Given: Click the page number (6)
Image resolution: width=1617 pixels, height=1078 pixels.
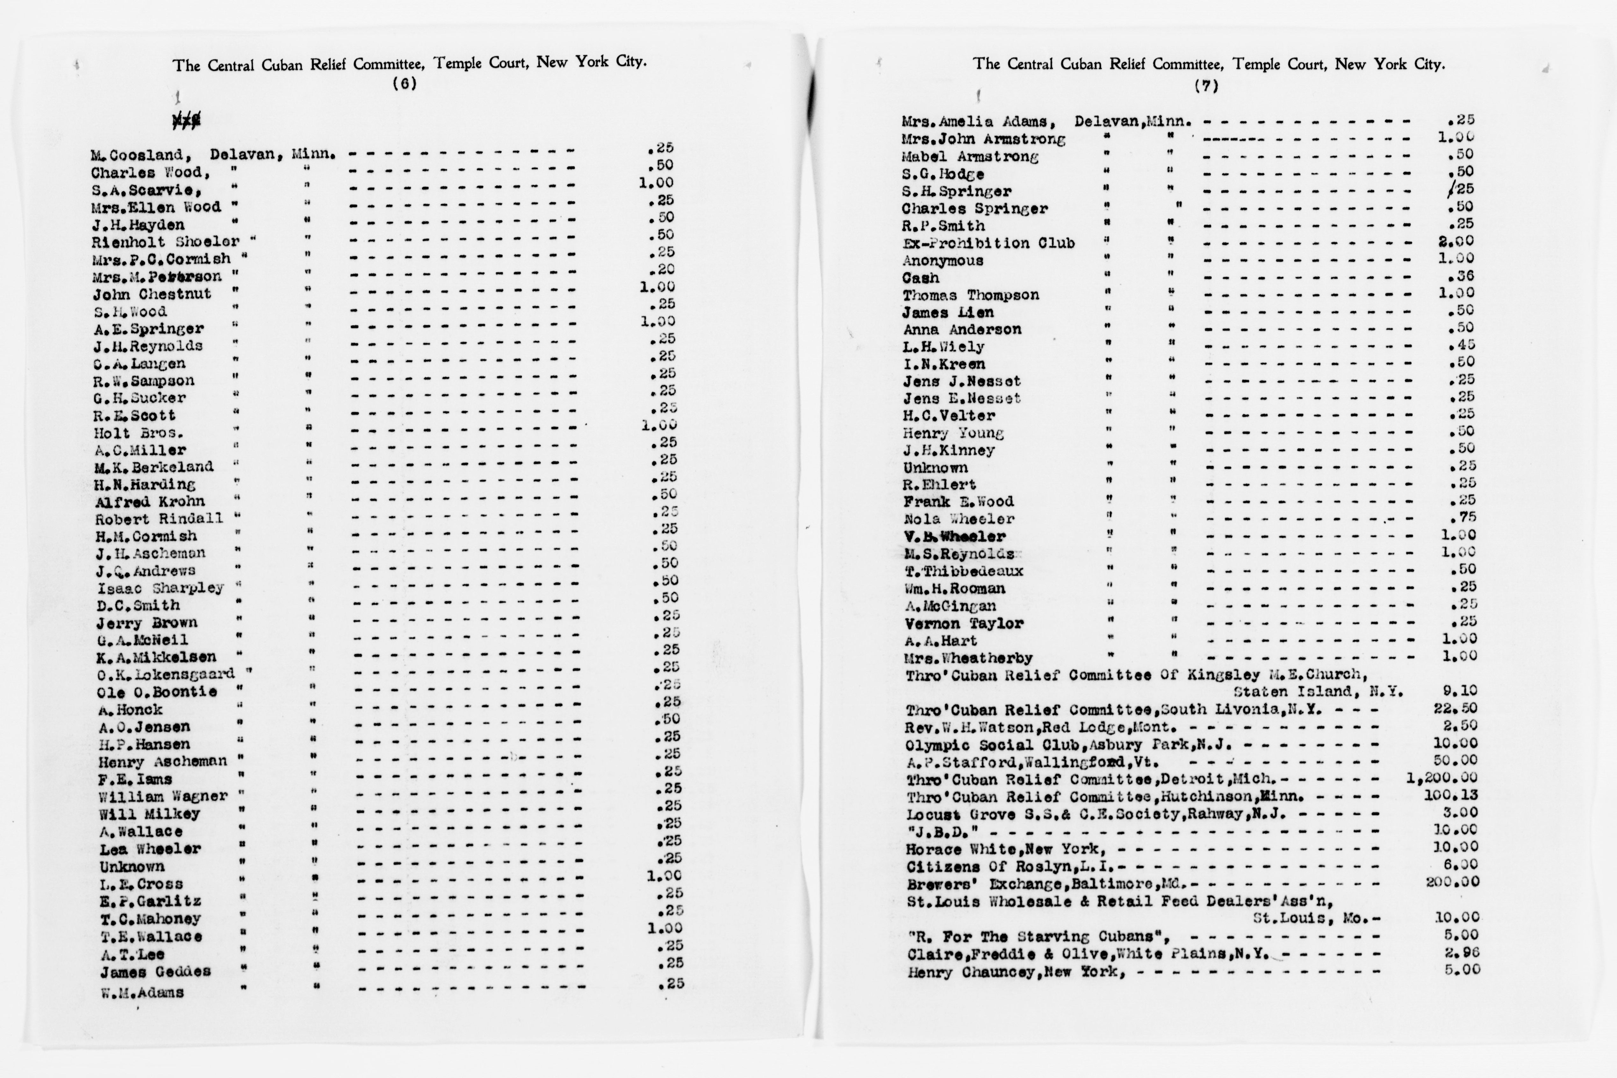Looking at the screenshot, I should point(404,84).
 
